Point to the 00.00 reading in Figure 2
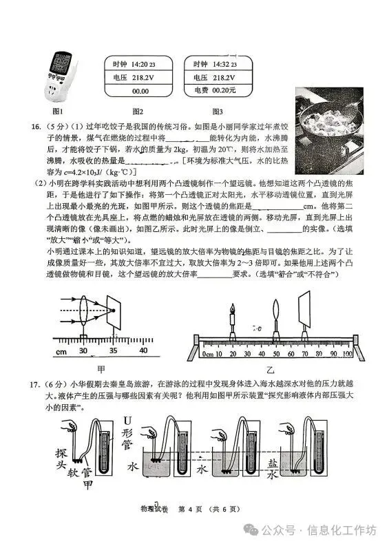(140, 90)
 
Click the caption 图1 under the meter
(59, 111)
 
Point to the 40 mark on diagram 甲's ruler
(143, 350)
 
